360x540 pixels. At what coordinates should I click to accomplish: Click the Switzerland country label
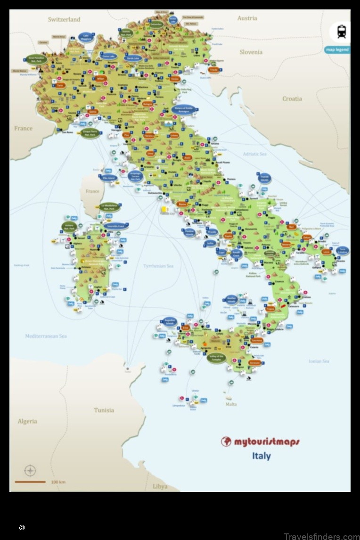click(64, 19)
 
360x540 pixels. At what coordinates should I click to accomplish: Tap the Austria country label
click(247, 18)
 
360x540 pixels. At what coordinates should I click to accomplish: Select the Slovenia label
click(251, 52)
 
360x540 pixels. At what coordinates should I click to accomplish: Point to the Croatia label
click(292, 98)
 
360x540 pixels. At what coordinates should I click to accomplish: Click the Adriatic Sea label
click(254, 154)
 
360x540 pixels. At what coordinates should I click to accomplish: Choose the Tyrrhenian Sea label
click(158, 266)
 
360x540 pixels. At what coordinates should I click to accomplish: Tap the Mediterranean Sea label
click(46, 336)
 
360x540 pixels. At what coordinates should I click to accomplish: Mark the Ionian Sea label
click(319, 361)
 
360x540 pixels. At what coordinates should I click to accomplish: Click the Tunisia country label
click(104, 410)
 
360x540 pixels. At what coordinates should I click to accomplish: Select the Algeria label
click(27, 421)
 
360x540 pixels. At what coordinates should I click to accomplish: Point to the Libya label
click(160, 486)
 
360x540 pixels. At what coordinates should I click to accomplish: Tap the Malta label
click(231, 404)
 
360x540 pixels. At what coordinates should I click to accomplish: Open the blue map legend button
click(337, 49)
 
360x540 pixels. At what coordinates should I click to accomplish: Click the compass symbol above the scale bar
click(30, 470)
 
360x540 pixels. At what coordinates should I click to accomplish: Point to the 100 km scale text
click(58, 482)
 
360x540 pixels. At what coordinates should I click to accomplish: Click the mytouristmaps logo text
click(261, 442)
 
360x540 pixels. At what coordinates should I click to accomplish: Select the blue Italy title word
click(261, 456)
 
